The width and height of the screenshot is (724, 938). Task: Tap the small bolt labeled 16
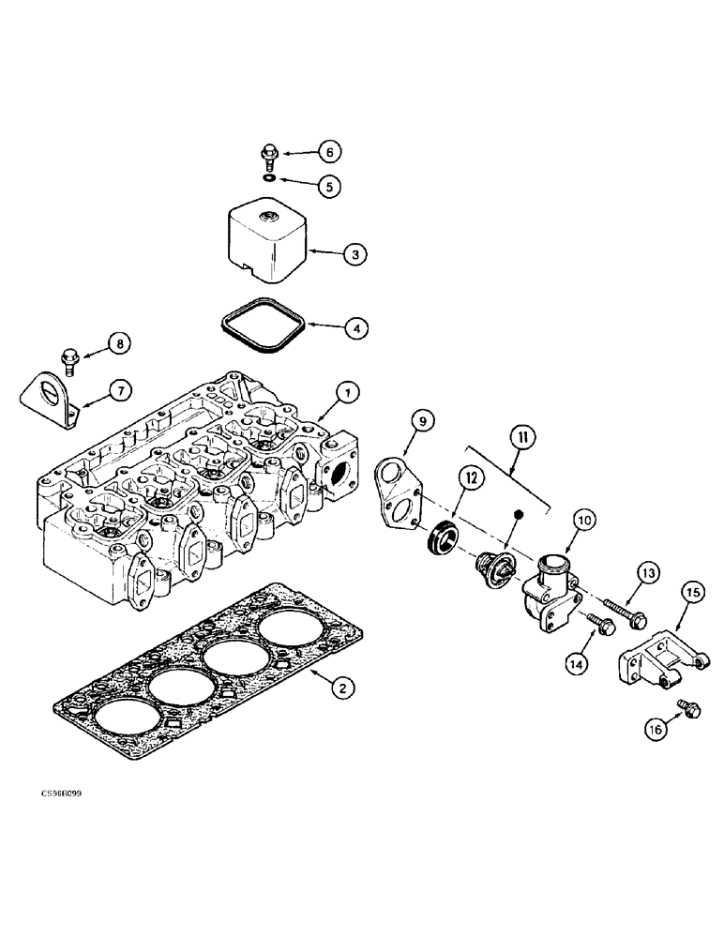coord(688,710)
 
